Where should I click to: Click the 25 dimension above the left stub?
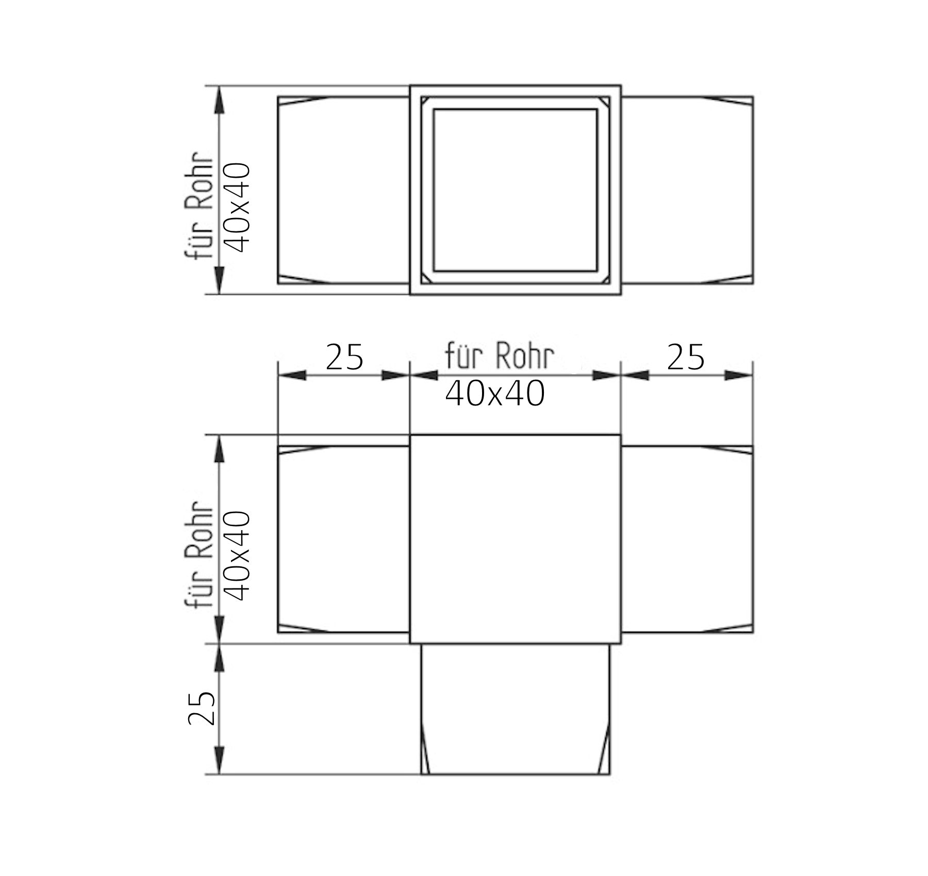pyautogui.click(x=344, y=357)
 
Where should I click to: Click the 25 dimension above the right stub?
pyautogui.click(x=685, y=357)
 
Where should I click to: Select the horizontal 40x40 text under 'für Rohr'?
pyautogui.click(x=494, y=395)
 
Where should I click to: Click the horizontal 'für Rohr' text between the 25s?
pyautogui.click(x=500, y=356)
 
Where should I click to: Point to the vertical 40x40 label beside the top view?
pyautogui.click(x=238, y=208)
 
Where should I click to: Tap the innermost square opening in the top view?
pyautogui.click(x=515, y=190)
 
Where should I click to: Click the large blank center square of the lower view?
pyautogui.click(x=515, y=539)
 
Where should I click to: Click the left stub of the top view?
pyautogui.click(x=343, y=190)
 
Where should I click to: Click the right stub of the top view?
pyautogui.click(x=687, y=190)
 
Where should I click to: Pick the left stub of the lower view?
pyautogui.click(x=343, y=539)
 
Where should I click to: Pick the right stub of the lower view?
pyautogui.click(x=687, y=539)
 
